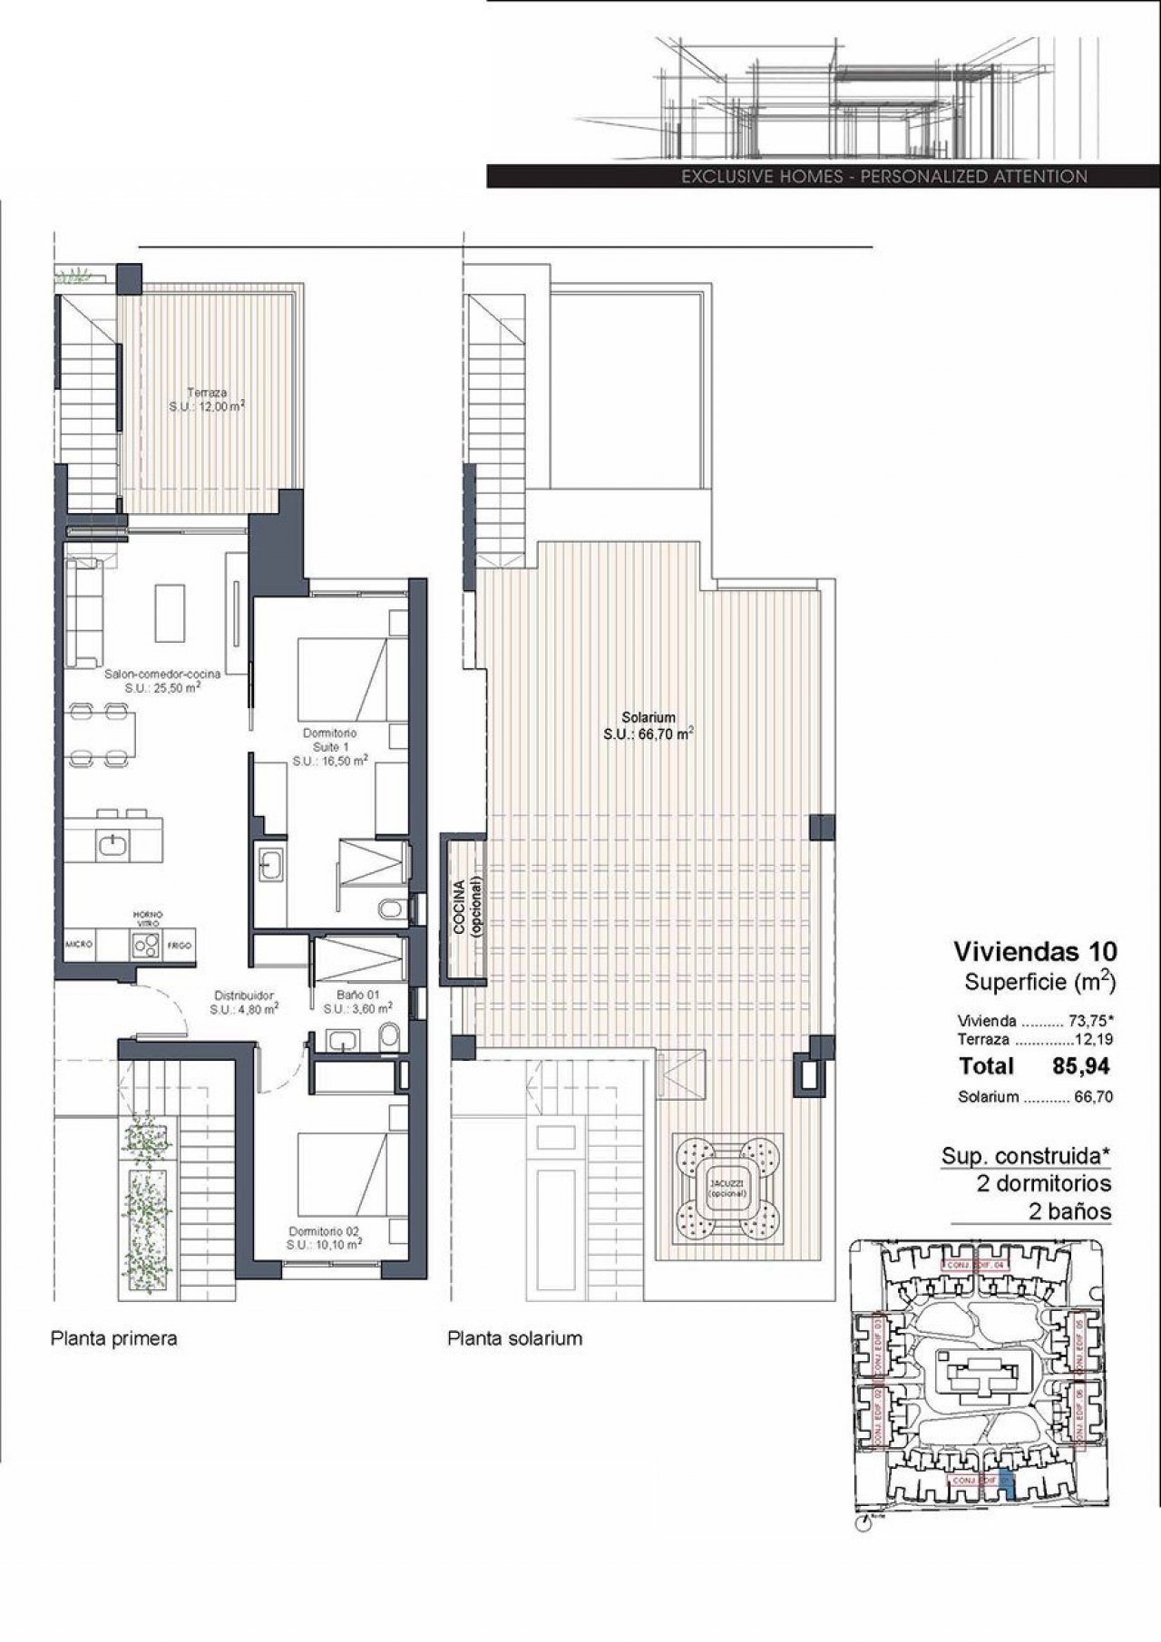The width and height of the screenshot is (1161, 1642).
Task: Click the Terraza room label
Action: click(207, 400)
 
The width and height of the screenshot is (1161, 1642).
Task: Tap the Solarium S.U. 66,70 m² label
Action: click(649, 725)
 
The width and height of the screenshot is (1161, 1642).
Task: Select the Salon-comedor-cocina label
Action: click(163, 680)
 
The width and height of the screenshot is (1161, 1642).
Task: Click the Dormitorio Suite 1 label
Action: click(330, 747)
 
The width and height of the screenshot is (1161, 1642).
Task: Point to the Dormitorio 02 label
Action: click(325, 1238)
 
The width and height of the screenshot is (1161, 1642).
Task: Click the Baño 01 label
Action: click(358, 1000)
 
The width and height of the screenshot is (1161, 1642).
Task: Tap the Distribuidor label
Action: click(244, 1000)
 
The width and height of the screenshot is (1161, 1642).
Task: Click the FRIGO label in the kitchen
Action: click(179, 946)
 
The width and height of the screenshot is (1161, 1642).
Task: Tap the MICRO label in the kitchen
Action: click(78, 946)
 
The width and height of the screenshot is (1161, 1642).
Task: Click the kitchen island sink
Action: click(112, 845)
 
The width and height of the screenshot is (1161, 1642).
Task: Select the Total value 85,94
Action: click(1080, 1066)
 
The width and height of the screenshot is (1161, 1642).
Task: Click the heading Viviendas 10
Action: click(1035, 951)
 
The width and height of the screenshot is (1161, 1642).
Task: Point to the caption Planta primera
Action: click(113, 1338)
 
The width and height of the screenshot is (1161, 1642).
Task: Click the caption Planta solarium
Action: click(514, 1338)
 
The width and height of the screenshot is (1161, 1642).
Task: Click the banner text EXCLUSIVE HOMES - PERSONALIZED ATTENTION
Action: click(883, 177)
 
